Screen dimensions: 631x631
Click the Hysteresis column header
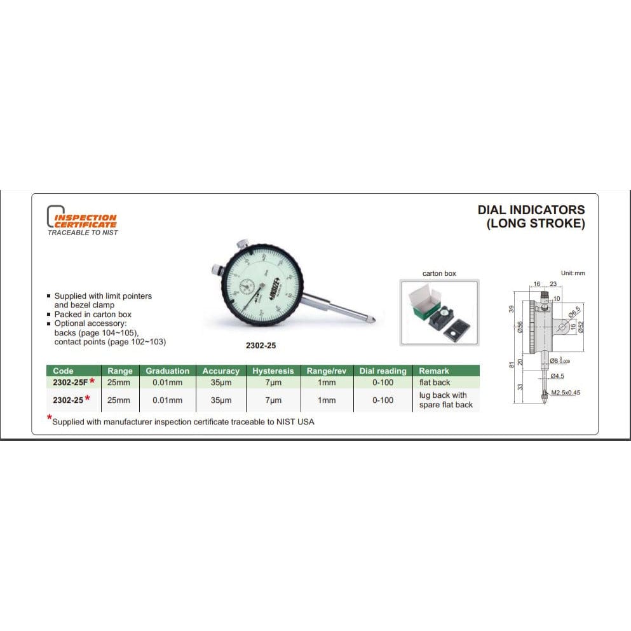point(273,370)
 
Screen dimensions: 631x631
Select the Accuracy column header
point(221,370)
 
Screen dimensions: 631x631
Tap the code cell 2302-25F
point(71,381)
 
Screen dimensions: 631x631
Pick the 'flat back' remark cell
point(435,382)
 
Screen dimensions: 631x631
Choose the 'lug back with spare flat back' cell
point(445,400)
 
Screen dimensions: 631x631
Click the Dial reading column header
point(383,370)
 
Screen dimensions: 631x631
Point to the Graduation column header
point(167,370)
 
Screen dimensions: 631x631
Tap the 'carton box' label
point(439,273)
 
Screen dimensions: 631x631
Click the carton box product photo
point(439,312)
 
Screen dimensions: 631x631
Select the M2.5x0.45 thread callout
point(566,392)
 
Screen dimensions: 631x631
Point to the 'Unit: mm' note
point(573,273)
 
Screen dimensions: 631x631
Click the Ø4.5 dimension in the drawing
point(557,376)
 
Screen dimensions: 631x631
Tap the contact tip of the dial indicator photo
point(379,320)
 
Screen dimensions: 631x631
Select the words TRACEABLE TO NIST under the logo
point(83,233)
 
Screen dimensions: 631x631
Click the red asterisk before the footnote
point(50,417)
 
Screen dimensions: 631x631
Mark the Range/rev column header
point(326,370)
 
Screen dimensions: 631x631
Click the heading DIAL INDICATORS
point(531,210)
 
